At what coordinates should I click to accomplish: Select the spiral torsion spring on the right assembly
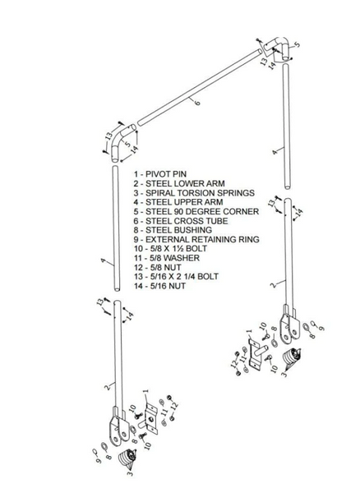292,359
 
